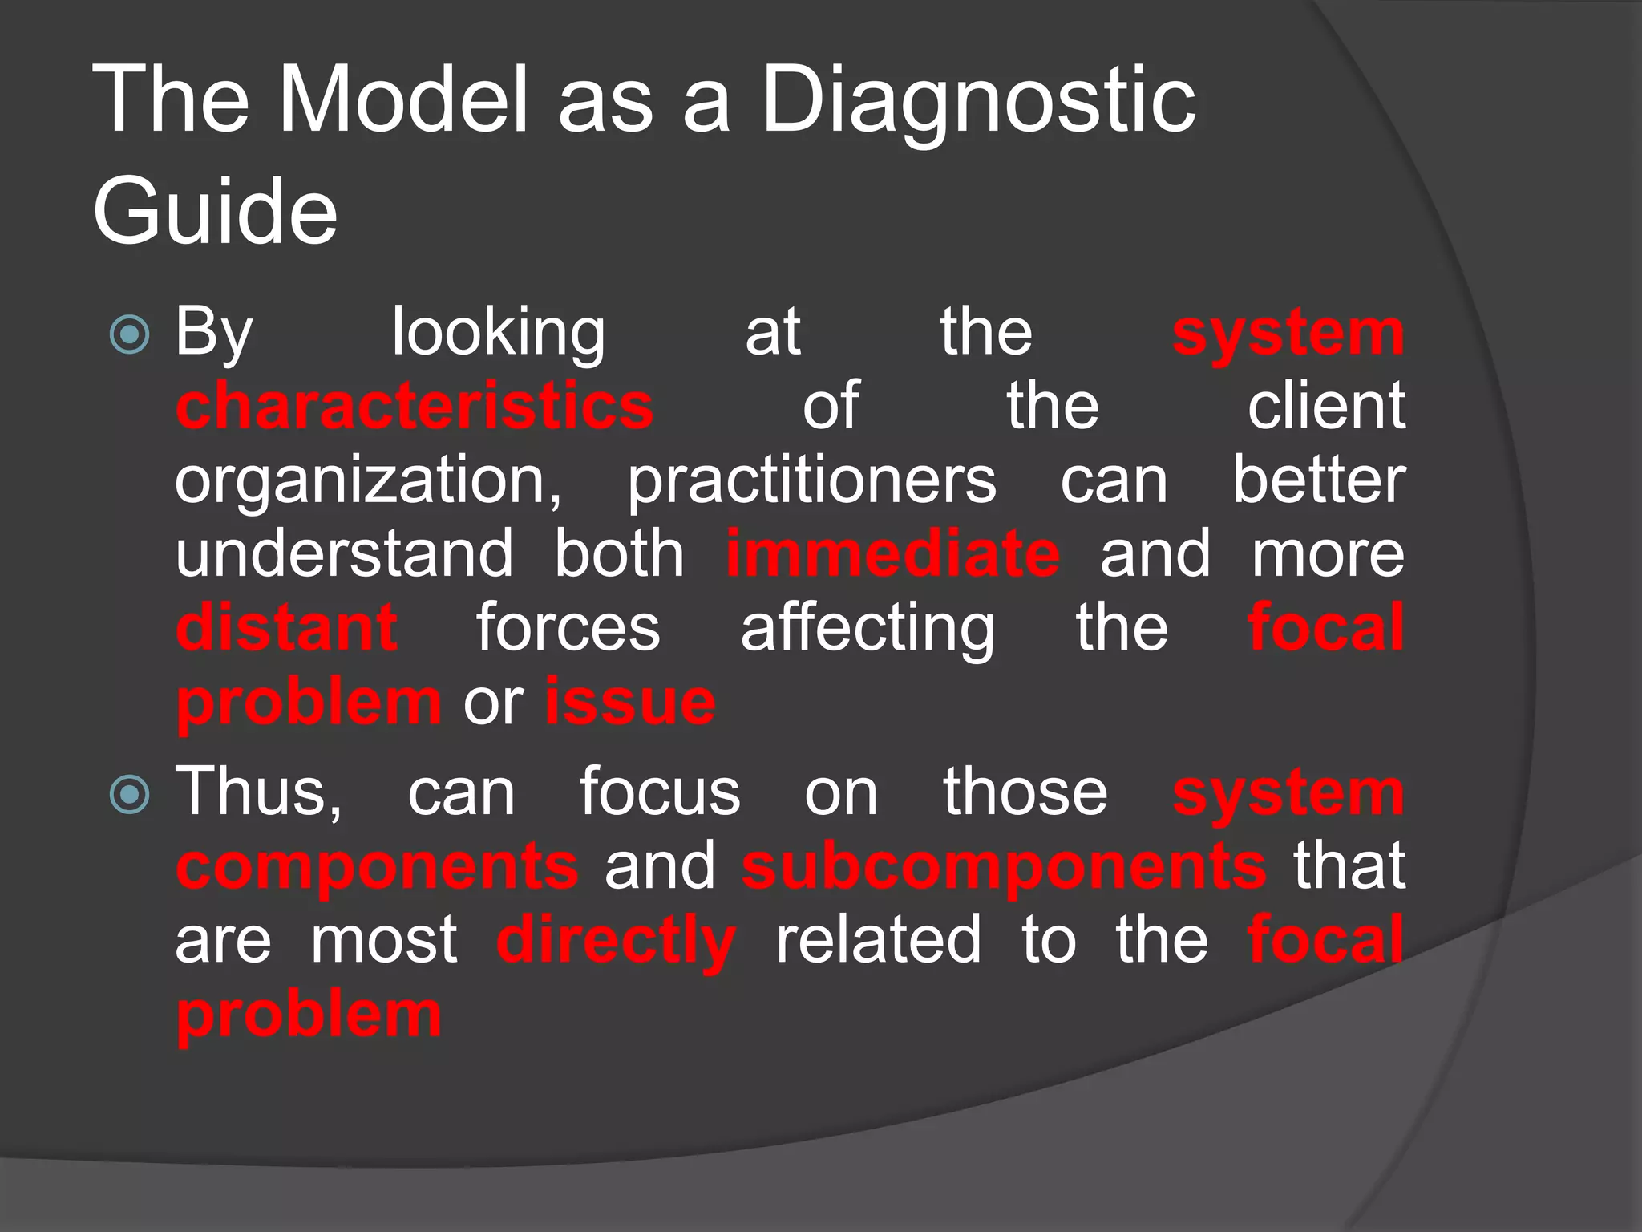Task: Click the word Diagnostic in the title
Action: coord(978,103)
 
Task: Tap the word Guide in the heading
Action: coord(215,212)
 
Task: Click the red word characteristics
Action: coord(415,406)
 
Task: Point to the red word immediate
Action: coord(893,553)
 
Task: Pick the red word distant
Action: coord(286,627)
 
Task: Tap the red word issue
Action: coord(630,702)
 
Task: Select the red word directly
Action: coord(616,941)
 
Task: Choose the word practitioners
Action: coord(811,481)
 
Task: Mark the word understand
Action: coord(344,553)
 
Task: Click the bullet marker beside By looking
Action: coord(129,334)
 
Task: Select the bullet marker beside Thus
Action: coord(129,795)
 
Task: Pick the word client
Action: coord(1326,406)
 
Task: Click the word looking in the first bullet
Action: coord(499,334)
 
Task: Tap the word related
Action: coord(878,940)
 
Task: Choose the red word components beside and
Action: coord(377,868)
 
